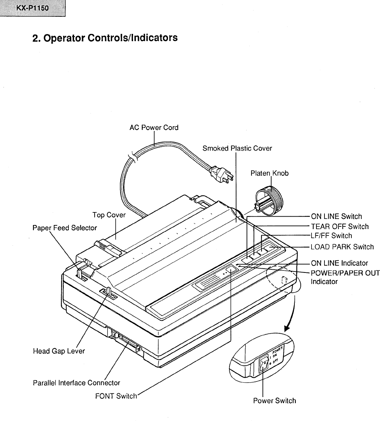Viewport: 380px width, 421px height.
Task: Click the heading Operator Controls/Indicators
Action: (105, 38)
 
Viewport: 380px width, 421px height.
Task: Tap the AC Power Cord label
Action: (154, 128)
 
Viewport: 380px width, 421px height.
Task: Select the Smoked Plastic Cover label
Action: (237, 148)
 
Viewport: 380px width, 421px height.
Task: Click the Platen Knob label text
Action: (270, 173)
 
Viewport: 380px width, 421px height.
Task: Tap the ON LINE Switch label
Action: (336, 217)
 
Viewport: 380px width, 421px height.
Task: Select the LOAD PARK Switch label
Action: (342, 247)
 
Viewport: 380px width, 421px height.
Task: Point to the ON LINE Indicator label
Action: (339, 263)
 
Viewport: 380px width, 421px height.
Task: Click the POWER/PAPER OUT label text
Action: (345, 273)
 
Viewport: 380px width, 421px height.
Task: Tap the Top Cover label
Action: (109, 215)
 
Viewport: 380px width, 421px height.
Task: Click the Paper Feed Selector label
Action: (65, 228)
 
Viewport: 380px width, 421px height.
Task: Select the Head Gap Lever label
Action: (59, 351)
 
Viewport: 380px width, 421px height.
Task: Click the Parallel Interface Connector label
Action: (76, 383)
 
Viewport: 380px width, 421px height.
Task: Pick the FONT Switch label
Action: (116, 396)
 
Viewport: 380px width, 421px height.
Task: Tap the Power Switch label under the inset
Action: (274, 401)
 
